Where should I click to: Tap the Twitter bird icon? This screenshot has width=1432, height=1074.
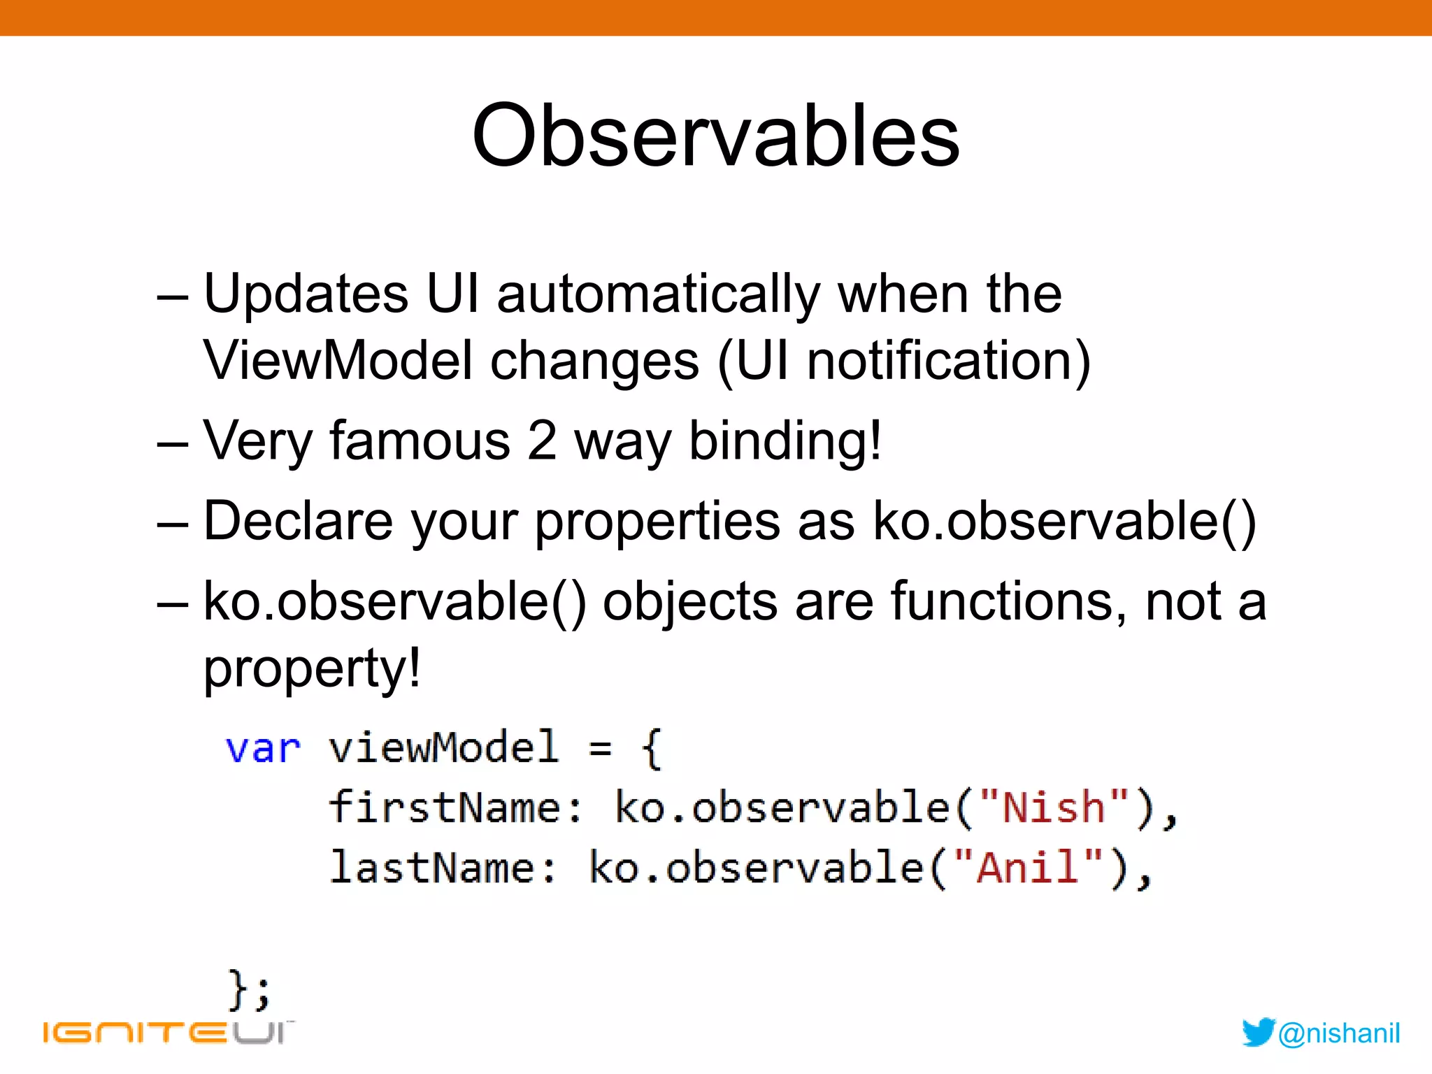click(1258, 1032)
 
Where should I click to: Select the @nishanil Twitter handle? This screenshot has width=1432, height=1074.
click(1338, 1033)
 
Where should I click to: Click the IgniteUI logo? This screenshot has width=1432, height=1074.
click(168, 1032)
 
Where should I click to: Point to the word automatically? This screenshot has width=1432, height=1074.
click(657, 295)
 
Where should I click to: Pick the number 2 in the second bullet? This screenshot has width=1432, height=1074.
click(541, 441)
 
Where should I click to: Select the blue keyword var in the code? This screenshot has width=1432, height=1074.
click(263, 748)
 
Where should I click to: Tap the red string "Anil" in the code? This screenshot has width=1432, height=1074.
click(1027, 867)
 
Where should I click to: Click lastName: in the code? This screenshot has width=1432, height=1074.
click(443, 867)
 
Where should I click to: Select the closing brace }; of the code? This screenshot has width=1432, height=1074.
click(248, 989)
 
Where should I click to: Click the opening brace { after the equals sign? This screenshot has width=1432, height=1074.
click(650, 748)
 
